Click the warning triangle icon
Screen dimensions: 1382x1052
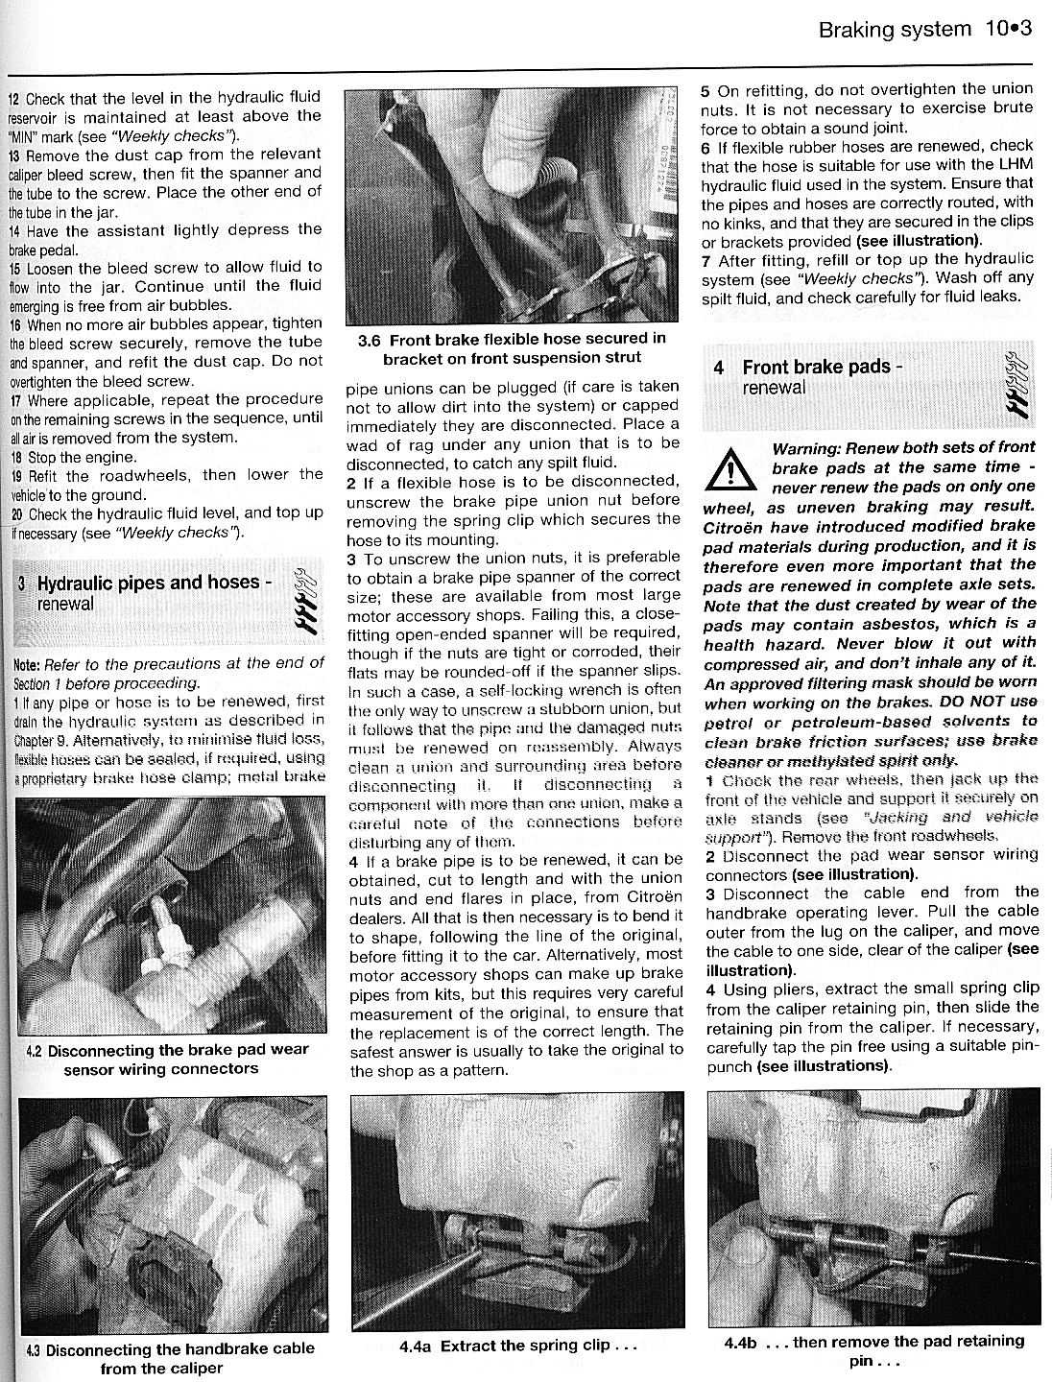pos(731,468)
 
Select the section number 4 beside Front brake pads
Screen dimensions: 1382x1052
pos(719,368)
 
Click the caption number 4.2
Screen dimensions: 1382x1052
pos(32,1050)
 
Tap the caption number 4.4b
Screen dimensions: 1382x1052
pos(744,1342)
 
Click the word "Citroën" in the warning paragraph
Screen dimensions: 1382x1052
pos(738,526)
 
